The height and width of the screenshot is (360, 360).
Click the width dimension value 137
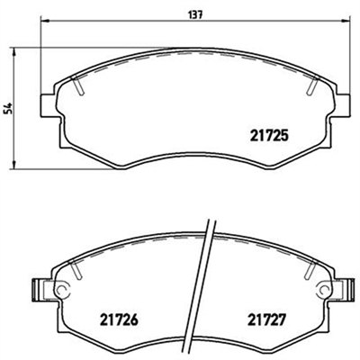(196, 14)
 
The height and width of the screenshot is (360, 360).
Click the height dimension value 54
(8, 108)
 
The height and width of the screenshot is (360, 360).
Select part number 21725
(269, 136)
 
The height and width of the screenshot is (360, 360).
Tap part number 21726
(119, 319)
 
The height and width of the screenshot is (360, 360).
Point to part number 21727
(265, 319)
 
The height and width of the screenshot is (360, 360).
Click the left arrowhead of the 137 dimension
(44, 21)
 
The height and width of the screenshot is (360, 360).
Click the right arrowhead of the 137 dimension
(346, 21)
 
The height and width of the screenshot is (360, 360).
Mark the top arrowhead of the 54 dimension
(13, 51)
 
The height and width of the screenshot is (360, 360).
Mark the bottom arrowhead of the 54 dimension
(13, 165)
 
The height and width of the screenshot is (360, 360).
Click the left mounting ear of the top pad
(48, 105)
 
